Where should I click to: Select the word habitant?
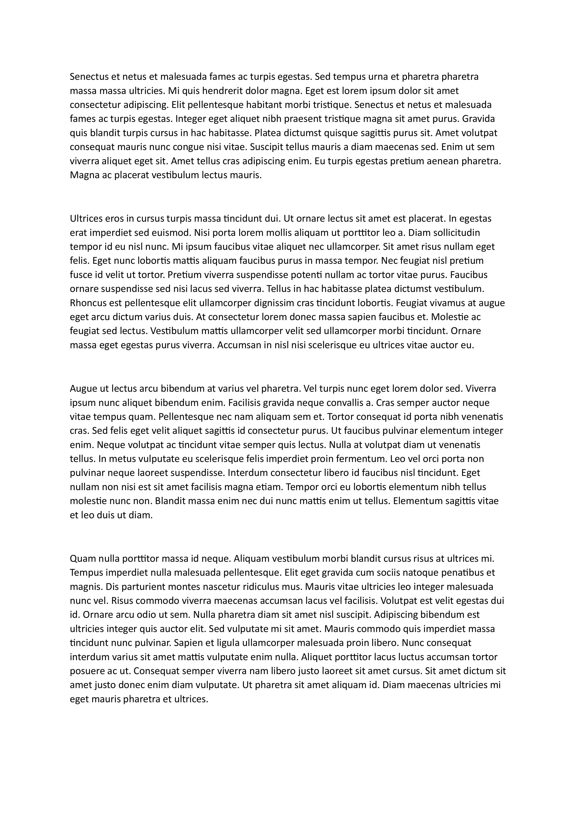(x=265, y=105)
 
